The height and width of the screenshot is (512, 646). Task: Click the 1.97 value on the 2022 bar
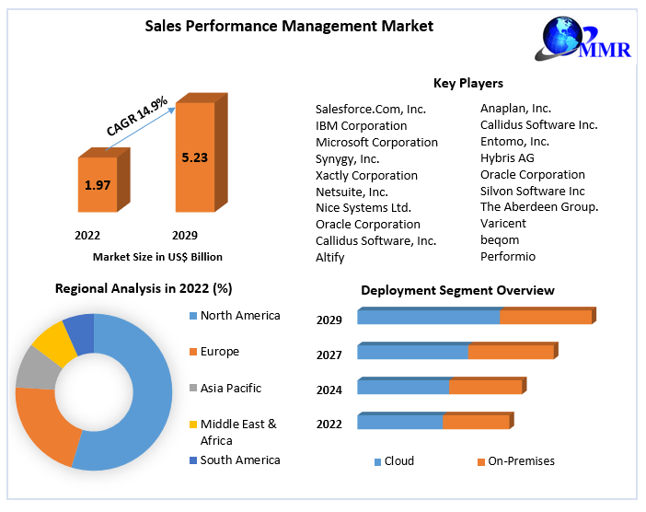pyautogui.click(x=98, y=185)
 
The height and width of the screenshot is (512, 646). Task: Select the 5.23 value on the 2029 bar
pyautogui.click(x=194, y=157)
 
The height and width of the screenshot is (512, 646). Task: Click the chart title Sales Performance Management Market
pyautogui.click(x=289, y=26)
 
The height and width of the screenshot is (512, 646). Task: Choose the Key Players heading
pyautogui.click(x=467, y=84)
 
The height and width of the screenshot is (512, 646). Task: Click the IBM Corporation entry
pyautogui.click(x=361, y=125)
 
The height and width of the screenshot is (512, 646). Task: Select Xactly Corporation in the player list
pyautogui.click(x=366, y=175)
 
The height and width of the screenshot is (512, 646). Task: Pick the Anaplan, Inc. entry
pyautogui.click(x=515, y=109)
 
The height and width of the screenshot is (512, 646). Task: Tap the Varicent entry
pyautogui.click(x=503, y=224)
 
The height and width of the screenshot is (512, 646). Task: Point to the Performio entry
pyautogui.click(x=508, y=257)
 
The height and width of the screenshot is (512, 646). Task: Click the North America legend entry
pyautogui.click(x=239, y=316)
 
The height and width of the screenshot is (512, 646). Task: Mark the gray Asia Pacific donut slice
pyautogui.click(x=35, y=367)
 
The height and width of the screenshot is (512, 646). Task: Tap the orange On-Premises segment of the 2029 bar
pyautogui.click(x=545, y=318)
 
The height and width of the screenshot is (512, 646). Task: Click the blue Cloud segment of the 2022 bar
pyautogui.click(x=399, y=422)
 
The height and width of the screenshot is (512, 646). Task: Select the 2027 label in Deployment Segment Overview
pyautogui.click(x=329, y=355)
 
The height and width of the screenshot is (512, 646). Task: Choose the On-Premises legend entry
pyautogui.click(x=521, y=461)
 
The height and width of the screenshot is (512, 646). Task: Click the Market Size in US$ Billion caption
pyautogui.click(x=157, y=257)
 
